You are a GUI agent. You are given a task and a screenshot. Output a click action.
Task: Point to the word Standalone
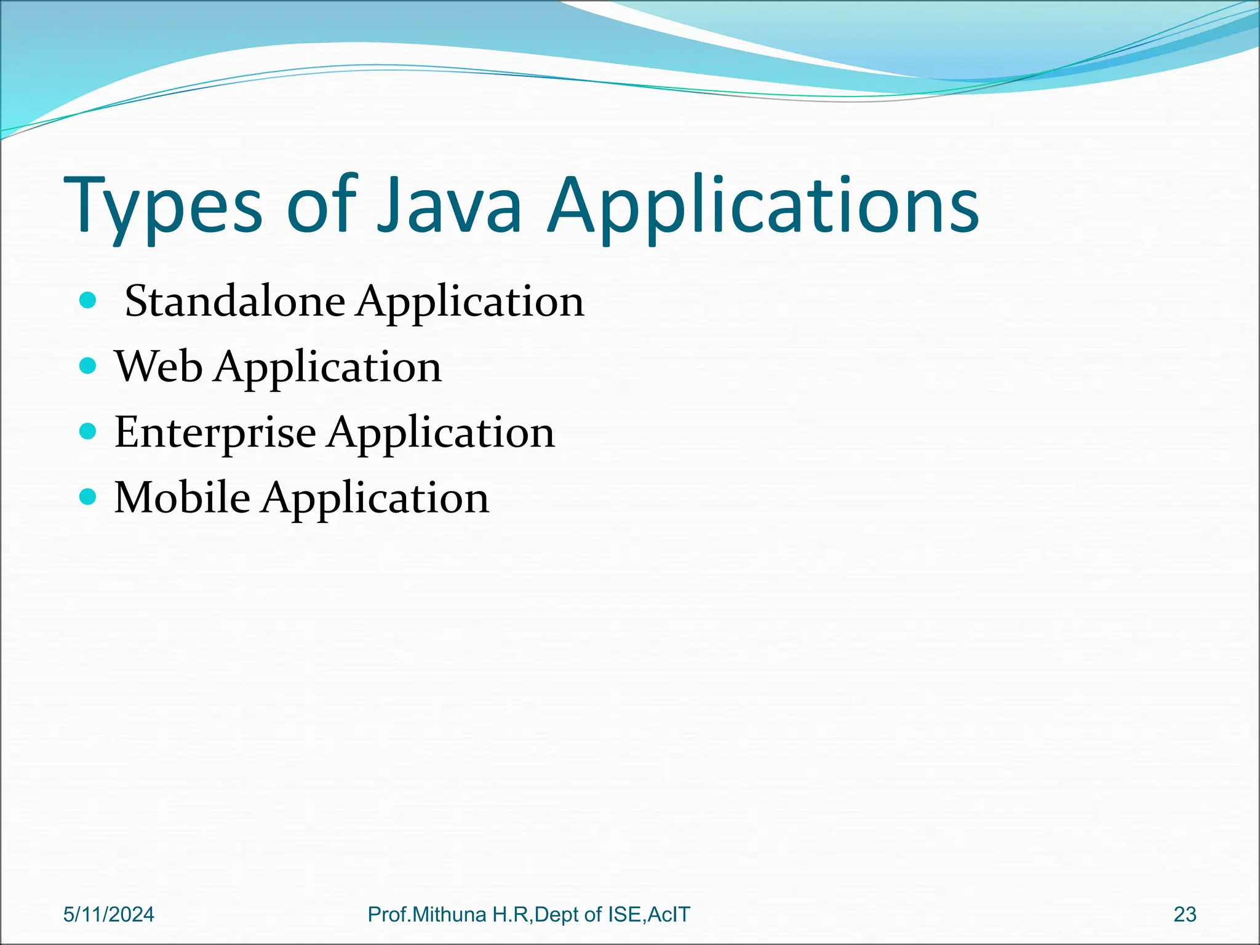[235, 301]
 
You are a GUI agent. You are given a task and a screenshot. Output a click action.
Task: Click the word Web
[159, 367]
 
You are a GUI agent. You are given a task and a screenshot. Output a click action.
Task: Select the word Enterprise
[215, 433]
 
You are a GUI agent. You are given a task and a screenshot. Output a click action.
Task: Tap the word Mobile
[183, 497]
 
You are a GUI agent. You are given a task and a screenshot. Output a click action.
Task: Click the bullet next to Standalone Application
[89, 301]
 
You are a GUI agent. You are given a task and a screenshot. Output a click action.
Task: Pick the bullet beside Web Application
[89, 366]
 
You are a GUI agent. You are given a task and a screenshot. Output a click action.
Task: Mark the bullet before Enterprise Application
[89, 431]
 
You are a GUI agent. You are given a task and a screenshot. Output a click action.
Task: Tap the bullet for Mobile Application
[89, 496]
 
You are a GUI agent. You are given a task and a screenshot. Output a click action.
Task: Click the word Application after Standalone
[471, 303]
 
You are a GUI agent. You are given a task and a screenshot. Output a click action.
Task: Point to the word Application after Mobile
[375, 498]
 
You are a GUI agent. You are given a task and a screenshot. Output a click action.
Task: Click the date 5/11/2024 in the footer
[109, 915]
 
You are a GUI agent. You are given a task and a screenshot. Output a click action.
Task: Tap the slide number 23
[1185, 915]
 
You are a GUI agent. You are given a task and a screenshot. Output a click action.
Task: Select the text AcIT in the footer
[669, 915]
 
